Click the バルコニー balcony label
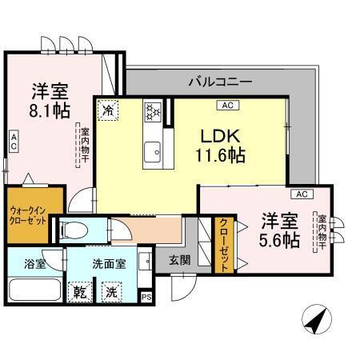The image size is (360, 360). click(220, 81)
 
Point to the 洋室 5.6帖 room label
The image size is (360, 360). click(279, 229)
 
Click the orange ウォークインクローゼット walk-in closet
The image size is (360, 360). click(32, 211)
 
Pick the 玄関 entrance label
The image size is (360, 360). click(178, 259)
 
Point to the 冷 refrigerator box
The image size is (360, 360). click(108, 108)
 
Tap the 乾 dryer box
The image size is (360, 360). click(79, 291)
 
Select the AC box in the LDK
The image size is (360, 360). click(226, 105)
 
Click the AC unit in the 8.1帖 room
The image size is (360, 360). click(13, 142)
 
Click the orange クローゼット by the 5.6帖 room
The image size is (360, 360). click(224, 243)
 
